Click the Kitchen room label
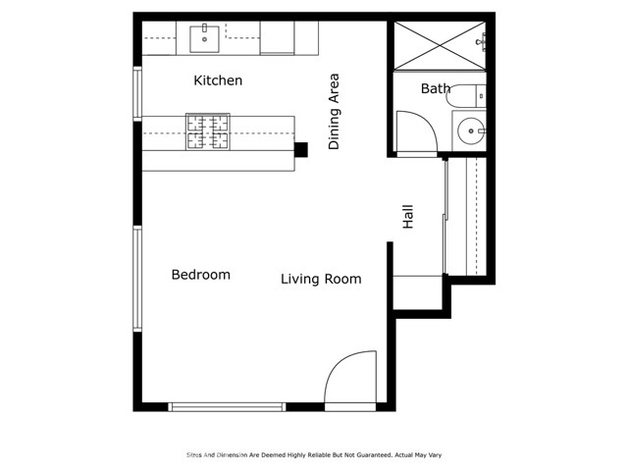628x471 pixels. point(218,80)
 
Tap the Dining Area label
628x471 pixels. point(335,110)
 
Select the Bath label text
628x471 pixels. point(436,89)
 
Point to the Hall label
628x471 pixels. point(408,217)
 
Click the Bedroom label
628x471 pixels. point(200,275)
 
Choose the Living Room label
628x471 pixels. point(321,280)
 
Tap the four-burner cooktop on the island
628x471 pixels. point(208,132)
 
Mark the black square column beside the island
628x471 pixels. point(301,149)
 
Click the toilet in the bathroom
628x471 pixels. point(463,96)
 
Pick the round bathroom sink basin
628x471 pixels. point(471,130)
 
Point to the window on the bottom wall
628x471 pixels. point(227,406)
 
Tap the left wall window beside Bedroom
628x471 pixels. point(137,278)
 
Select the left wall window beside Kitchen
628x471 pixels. point(137,93)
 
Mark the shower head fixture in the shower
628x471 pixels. point(482,41)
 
